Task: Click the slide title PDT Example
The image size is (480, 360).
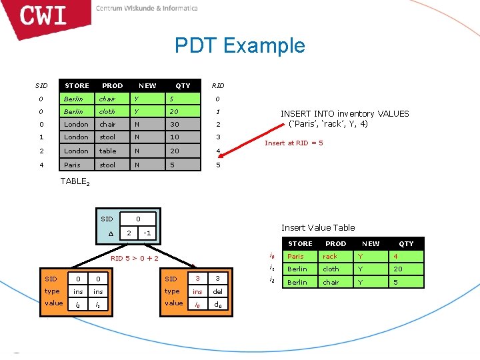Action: [x=239, y=45]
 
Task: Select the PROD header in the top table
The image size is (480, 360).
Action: [x=112, y=86]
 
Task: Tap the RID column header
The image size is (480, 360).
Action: [x=217, y=86]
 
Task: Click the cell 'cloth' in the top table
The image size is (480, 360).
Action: [x=107, y=112]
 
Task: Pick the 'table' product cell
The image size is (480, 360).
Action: [x=107, y=151]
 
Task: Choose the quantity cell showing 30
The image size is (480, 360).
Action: [x=175, y=125]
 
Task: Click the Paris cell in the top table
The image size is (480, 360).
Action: [x=71, y=165]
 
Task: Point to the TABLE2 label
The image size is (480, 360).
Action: [x=75, y=181]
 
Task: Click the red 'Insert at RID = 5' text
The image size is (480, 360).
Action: [x=293, y=143]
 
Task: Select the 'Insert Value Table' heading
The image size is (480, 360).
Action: [x=318, y=228]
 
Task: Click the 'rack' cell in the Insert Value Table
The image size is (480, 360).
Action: [x=330, y=257]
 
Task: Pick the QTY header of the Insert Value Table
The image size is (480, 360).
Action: [x=406, y=244]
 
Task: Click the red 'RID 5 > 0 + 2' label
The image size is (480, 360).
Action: [x=135, y=259]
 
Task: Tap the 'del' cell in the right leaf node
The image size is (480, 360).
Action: [x=217, y=291]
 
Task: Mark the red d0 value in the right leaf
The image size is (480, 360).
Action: [x=217, y=304]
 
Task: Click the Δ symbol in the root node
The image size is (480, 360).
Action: [x=110, y=233]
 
